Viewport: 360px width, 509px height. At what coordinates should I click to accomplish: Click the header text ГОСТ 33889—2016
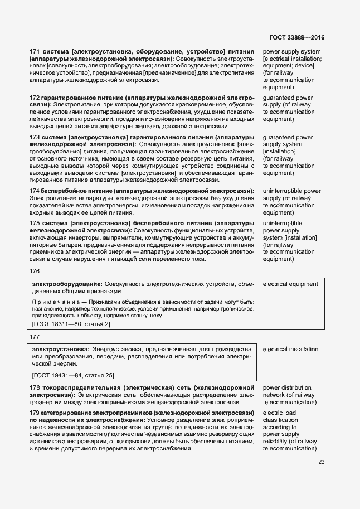point(296,37)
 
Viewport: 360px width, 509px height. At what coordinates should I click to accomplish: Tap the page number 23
point(321,462)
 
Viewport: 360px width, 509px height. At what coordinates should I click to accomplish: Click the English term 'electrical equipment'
point(290,284)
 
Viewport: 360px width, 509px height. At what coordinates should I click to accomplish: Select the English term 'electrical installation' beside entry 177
point(290,349)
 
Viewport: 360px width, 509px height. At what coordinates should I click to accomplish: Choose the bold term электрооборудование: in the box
point(67,284)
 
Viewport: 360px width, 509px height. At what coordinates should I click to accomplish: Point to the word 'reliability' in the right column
point(277,442)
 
